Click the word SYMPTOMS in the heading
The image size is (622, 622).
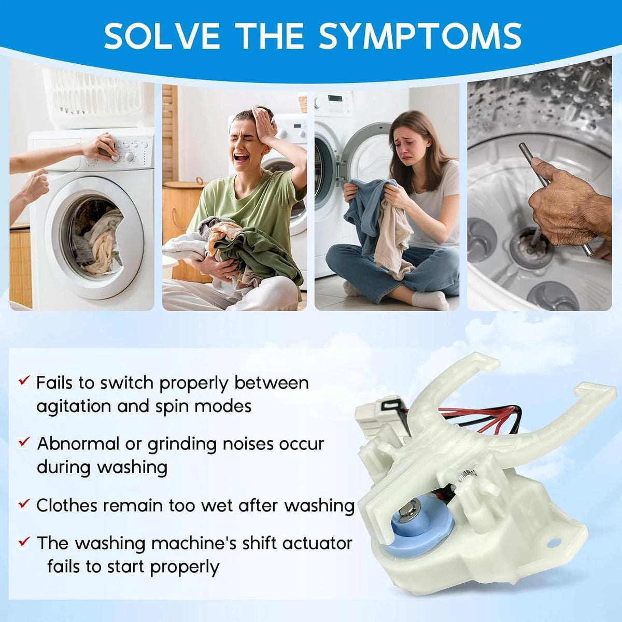click(420, 36)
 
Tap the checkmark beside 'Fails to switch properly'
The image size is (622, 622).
click(24, 381)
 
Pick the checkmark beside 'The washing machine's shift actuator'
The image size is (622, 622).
click(24, 541)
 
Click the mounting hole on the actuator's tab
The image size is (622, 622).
click(554, 542)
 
